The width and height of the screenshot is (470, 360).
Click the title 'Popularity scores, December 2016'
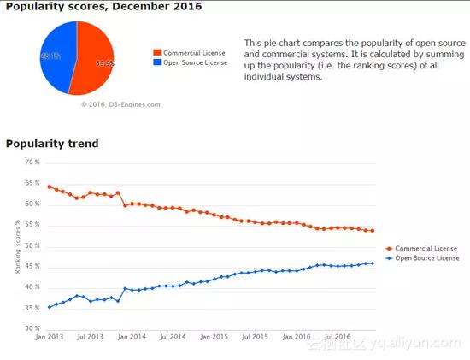(103, 8)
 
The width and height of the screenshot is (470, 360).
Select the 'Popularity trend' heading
(52, 144)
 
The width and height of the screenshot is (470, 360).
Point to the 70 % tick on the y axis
(32, 162)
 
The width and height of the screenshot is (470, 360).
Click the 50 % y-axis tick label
(32, 245)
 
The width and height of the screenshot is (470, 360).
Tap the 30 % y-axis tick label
(32, 328)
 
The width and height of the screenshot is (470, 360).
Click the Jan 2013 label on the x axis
(49, 338)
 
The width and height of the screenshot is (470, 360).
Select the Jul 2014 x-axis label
(172, 338)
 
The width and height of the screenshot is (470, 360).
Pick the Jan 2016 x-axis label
(295, 338)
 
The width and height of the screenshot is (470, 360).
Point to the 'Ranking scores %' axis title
(17, 246)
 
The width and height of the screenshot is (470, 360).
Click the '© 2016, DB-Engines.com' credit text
(120, 104)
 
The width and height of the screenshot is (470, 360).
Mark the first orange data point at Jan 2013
(49, 186)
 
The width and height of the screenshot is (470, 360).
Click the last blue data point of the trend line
(373, 263)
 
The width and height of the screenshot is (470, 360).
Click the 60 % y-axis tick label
(32, 204)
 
